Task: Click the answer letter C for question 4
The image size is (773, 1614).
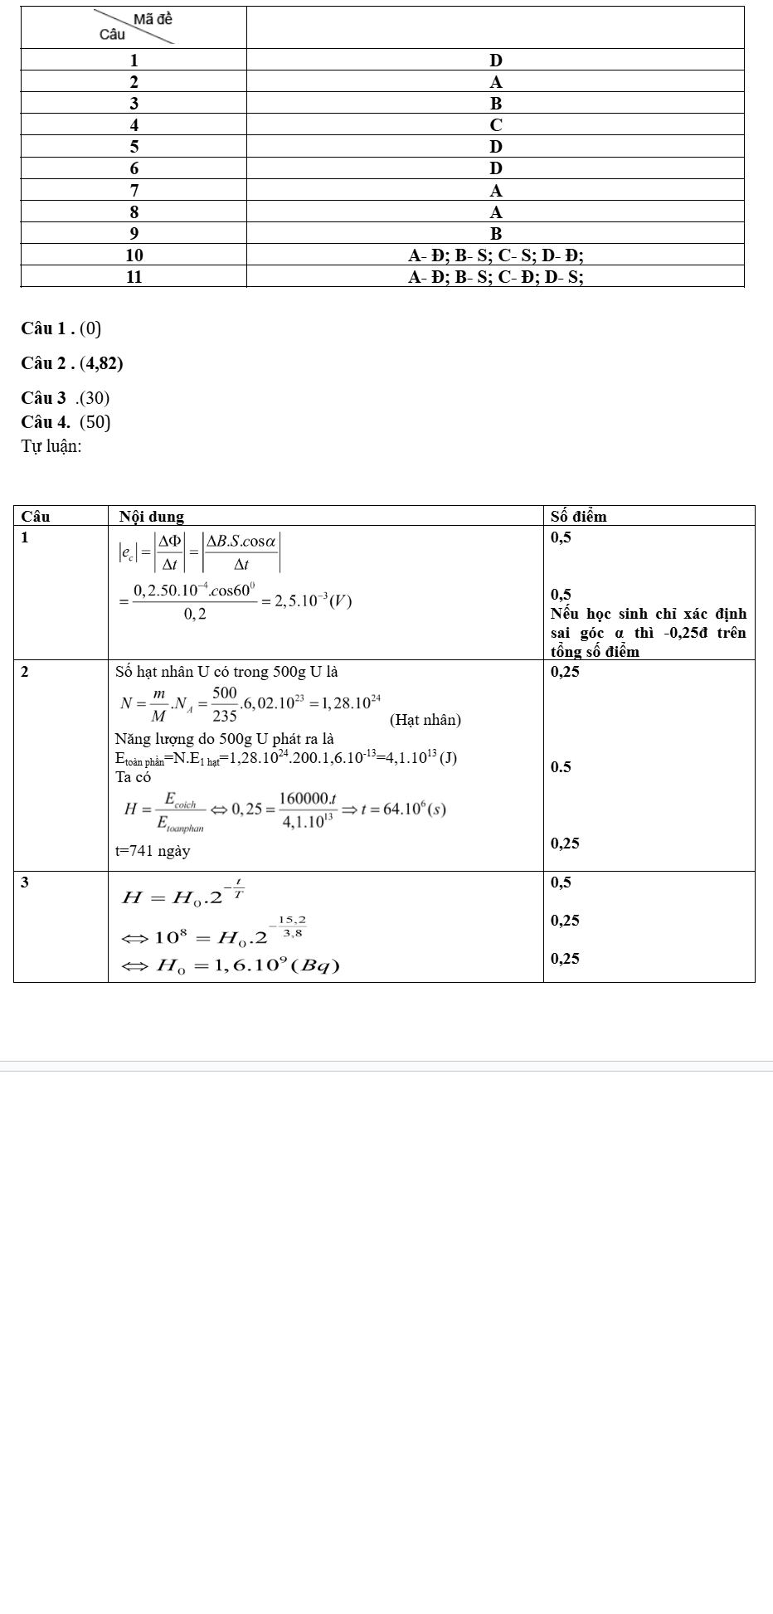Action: pyautogui.click(x=496, y=125)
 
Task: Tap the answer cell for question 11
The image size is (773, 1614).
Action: pyautogui.click(x=496, y=276)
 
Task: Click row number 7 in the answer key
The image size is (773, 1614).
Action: pyautogui.click(x=134, y=190)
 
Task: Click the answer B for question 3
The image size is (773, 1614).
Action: pyautogui.click(x=496, y=104)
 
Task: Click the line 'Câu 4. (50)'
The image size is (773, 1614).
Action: pyautogui.click(x=66, y=422)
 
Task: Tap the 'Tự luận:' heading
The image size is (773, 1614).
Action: pyautogui.click(x=51, y=446)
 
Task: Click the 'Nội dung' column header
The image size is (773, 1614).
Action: pyautogui.click(x=152, y=516)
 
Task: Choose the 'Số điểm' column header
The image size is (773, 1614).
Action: pyautogui.click(x=578, y=516)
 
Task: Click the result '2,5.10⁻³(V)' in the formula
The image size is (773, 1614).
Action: pyautogui.click(x=308, y=600)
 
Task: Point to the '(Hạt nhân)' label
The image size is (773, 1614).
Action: pyautogui.click(x=425, y=719)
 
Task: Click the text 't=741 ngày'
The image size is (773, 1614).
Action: pyautogui.click(x=153, y=850)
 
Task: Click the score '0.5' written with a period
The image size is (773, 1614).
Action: pyautogui.click(x=561, y=766)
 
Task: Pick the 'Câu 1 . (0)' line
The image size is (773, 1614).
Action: pyautogui.click(x=61, y=328)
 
